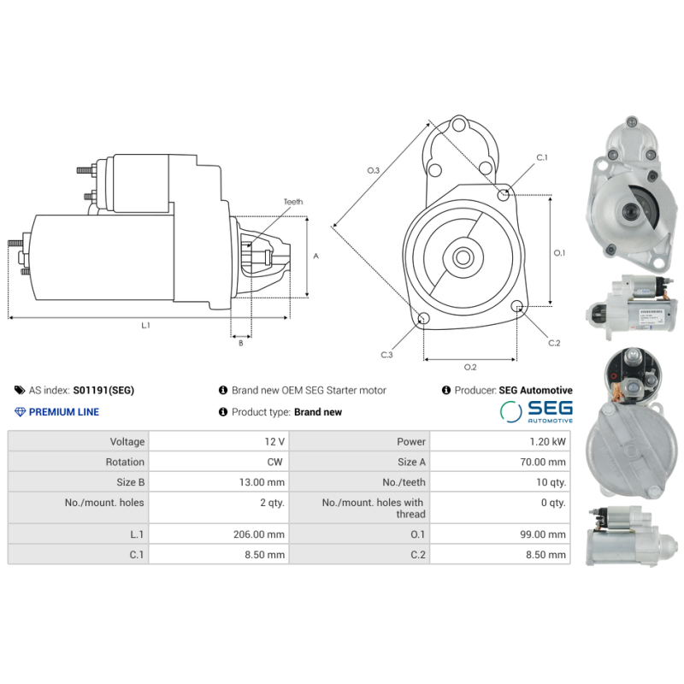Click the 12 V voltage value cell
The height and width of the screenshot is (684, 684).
coord(274,442)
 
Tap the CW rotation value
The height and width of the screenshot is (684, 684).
coord(277,462)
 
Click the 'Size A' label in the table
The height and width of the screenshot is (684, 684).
coord(406,462)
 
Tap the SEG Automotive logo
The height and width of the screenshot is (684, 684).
coord(536,411)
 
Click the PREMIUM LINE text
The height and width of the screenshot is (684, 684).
coord(63,412)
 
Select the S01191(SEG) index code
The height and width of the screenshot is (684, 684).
coord(103,390)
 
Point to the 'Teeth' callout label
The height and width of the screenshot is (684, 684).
coord(293,202)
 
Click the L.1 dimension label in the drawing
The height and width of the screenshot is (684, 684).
coord(146,325)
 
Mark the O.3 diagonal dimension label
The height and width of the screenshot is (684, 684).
coord(374,171)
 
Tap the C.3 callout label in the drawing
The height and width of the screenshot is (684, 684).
coord(387,354)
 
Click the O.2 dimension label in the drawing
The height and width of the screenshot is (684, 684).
coord(470,368)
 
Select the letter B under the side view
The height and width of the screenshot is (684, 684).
coord(240,343)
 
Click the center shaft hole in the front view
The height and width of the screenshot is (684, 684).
coord(463,256)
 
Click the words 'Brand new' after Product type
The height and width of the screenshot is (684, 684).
coord(318,412)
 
